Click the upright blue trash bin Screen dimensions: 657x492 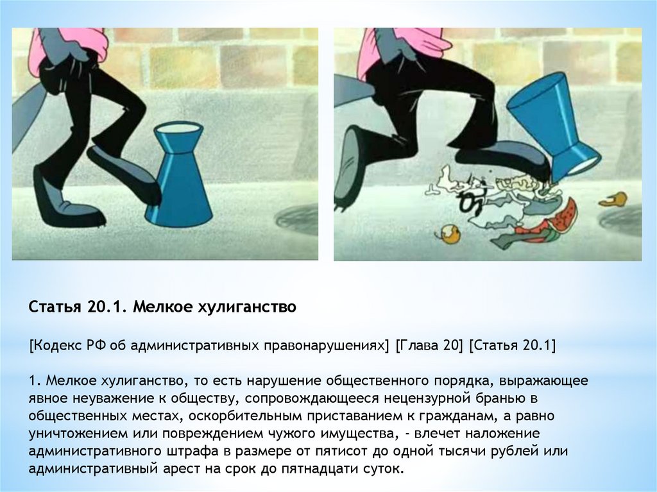click(179, 176)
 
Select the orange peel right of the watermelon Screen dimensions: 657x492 click(613, 199)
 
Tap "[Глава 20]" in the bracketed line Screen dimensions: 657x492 click(429, 345)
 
